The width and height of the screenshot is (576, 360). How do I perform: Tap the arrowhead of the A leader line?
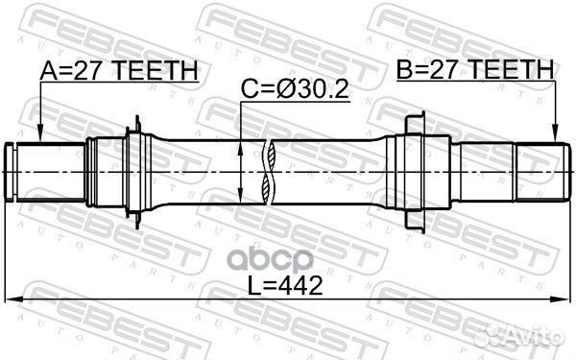(40, 137)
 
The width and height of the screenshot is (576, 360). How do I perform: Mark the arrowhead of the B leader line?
(555, 137)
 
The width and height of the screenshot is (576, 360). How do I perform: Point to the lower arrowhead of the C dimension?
(240, 198)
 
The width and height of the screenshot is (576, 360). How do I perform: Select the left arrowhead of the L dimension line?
(13, 299)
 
